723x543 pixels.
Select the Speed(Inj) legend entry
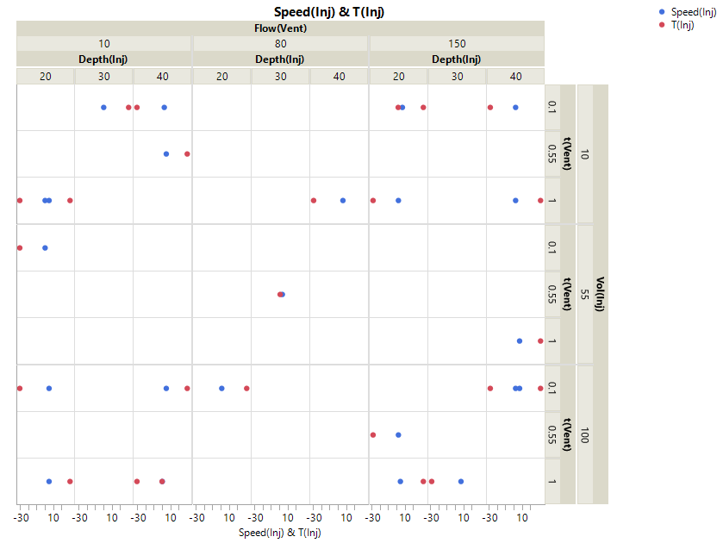695,12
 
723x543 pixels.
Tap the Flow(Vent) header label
280,28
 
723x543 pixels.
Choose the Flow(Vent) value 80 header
281,43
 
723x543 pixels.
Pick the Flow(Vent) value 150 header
457,43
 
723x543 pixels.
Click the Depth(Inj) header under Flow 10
104,59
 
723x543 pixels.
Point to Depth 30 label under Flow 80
281,77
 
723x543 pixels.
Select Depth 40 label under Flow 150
515,77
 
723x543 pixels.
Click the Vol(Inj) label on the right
600,294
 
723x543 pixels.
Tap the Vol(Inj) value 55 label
584,294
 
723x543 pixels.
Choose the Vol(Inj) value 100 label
584,434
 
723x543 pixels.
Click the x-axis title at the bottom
280,533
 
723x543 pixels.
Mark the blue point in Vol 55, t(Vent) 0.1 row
45,247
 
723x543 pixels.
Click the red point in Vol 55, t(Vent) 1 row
540,341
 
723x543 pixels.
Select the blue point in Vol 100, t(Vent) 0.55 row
398,434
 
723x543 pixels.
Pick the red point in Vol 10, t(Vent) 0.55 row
187,154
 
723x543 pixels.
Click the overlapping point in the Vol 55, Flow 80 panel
281,294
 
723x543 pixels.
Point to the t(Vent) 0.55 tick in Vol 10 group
552,154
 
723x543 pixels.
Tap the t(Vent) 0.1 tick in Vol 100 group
552,388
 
